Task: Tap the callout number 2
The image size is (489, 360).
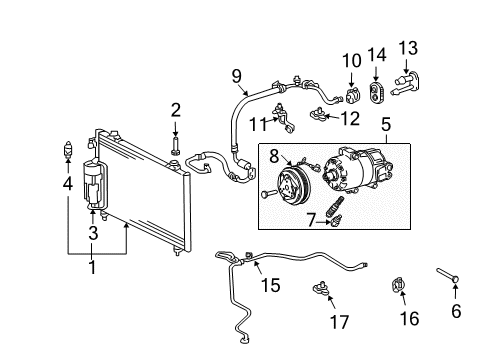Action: (175, 110)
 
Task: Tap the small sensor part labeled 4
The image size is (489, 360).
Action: (67, 153)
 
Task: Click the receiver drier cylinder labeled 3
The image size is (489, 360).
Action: (96, 184)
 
